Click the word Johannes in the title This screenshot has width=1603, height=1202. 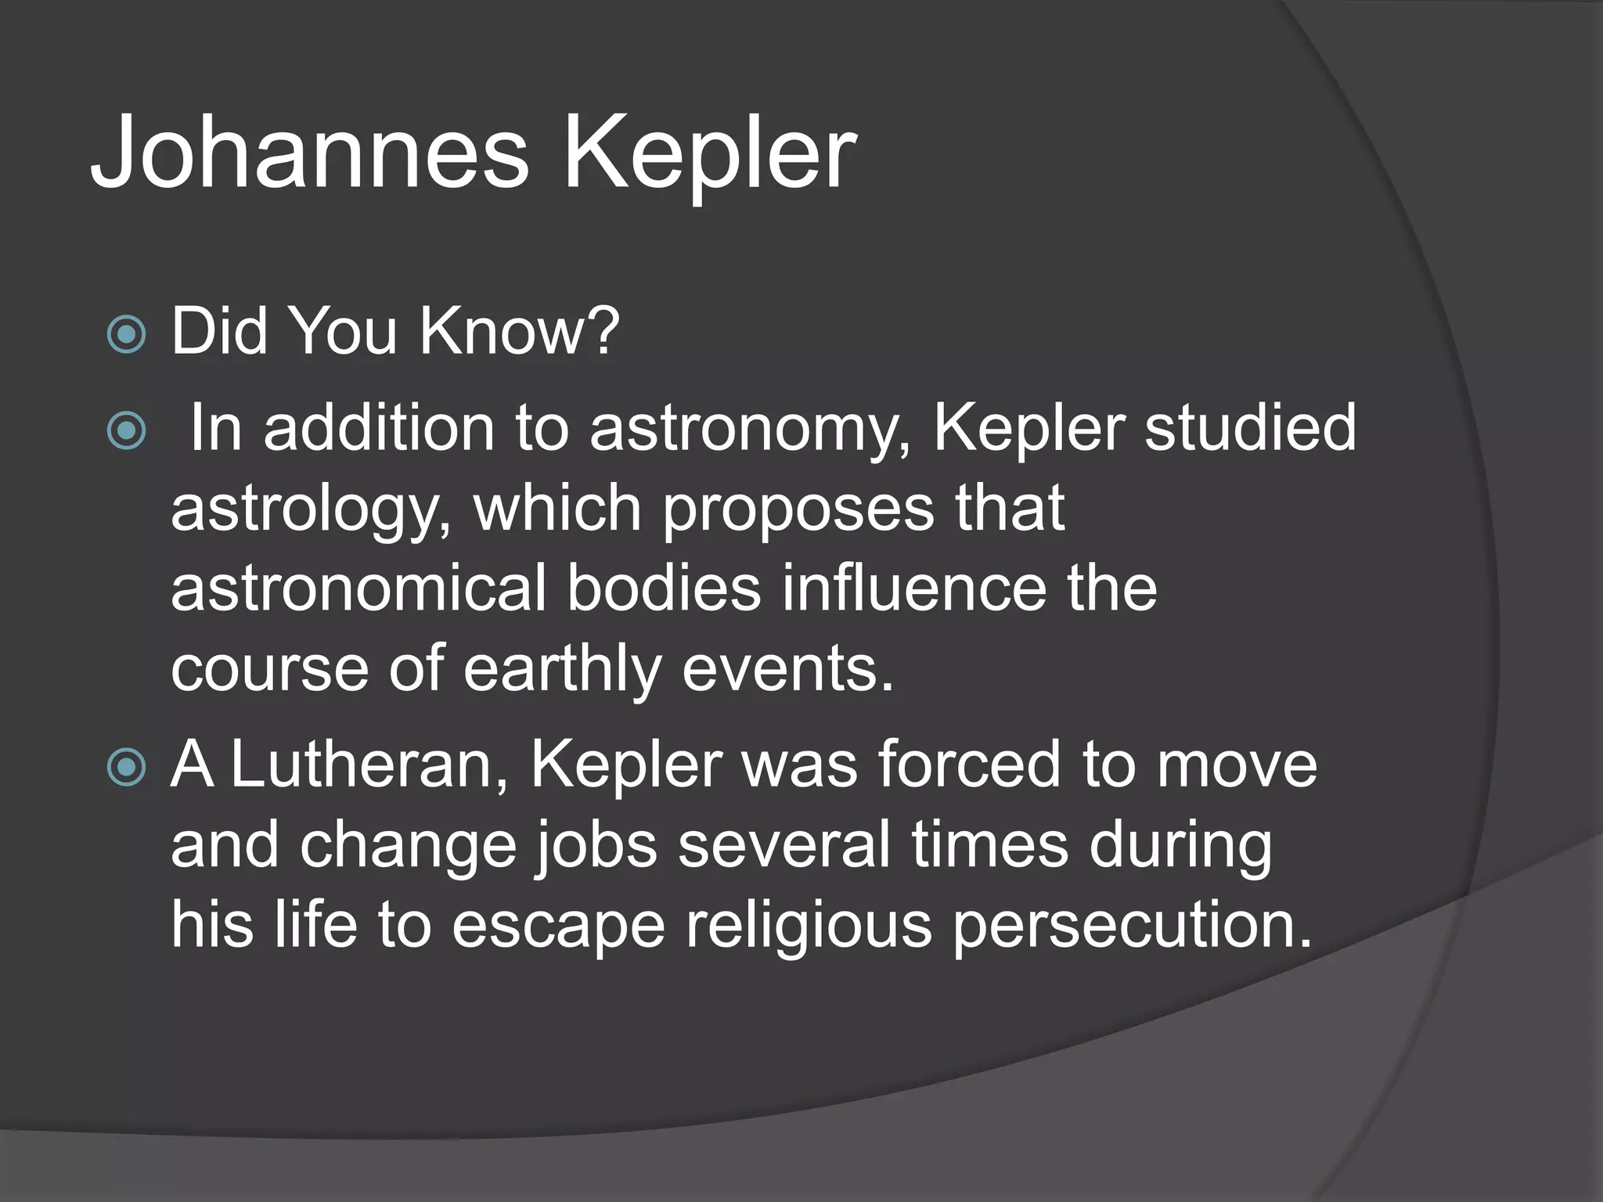310,152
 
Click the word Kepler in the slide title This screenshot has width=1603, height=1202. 709,152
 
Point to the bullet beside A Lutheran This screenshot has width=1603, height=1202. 126,766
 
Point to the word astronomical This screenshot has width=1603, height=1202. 358,588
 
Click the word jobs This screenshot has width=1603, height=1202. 596,847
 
